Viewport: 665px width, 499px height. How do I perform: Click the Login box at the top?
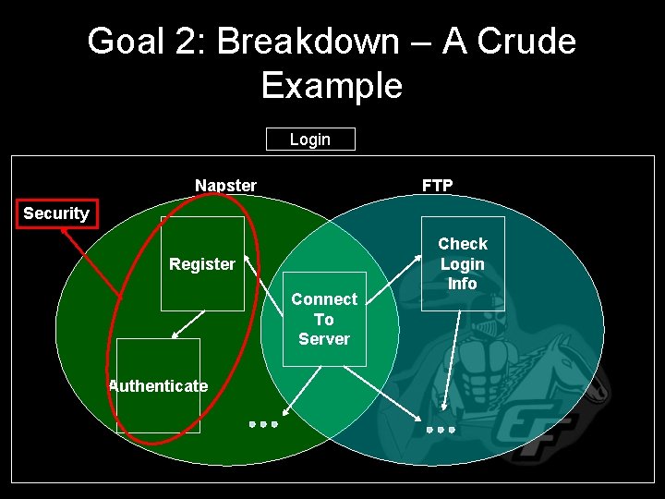[x=310, y=140]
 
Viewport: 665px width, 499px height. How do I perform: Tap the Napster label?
[x=225, y=186]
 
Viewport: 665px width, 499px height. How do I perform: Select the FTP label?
[x=437, y=186]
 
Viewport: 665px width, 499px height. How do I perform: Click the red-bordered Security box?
[x=55, y=213]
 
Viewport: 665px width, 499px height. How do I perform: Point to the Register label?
[x=201, y=264]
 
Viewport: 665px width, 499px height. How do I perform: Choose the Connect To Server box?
[x=323, y=319]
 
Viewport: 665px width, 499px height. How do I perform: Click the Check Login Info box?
[x=463, y=263]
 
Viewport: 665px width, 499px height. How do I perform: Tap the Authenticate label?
[x=158, y=386]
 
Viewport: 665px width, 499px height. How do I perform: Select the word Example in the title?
[x=332, y=85]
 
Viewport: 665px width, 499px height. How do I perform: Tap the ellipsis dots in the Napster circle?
[x=263, y=424]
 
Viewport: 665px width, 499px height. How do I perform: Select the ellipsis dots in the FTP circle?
[x=441, y=430]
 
